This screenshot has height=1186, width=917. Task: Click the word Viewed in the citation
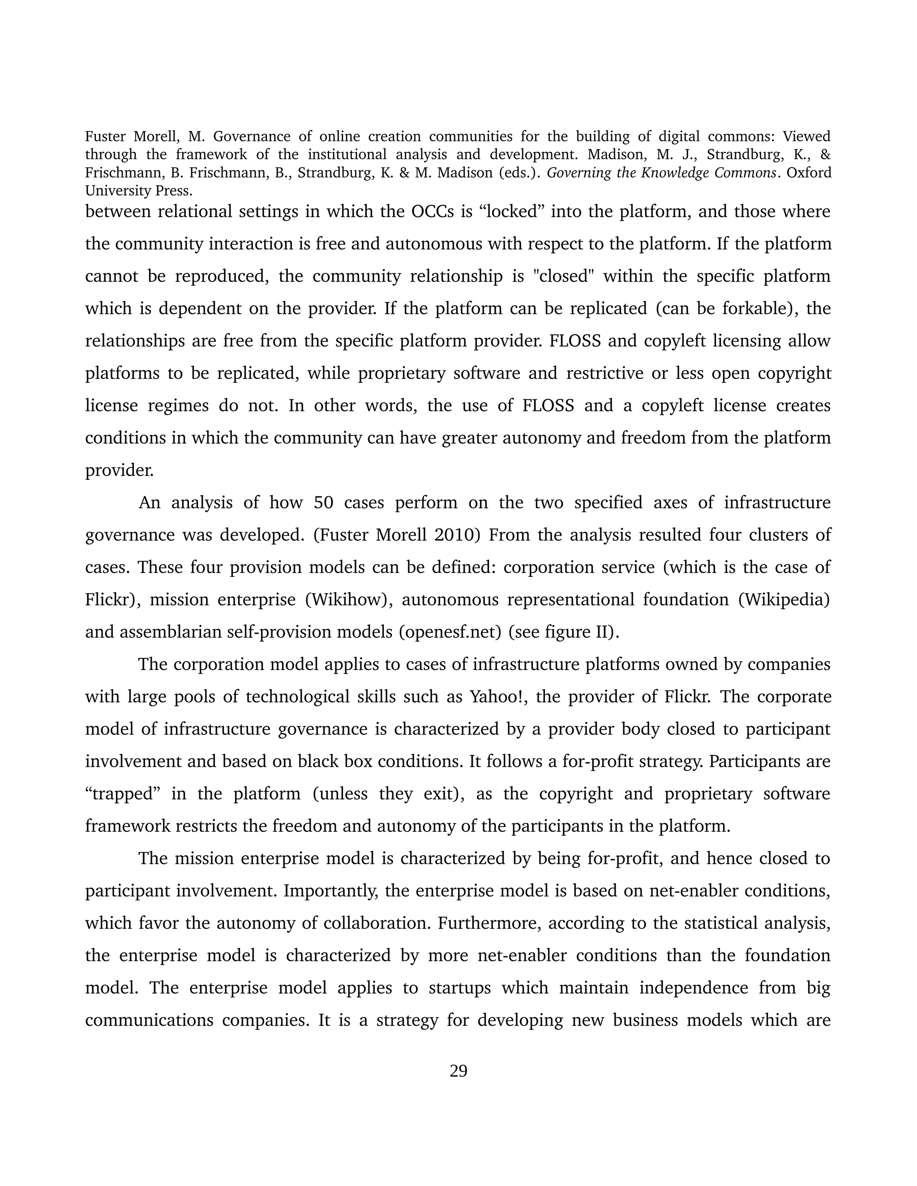coord(807,137)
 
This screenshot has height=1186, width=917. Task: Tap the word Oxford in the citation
coord(809,173)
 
